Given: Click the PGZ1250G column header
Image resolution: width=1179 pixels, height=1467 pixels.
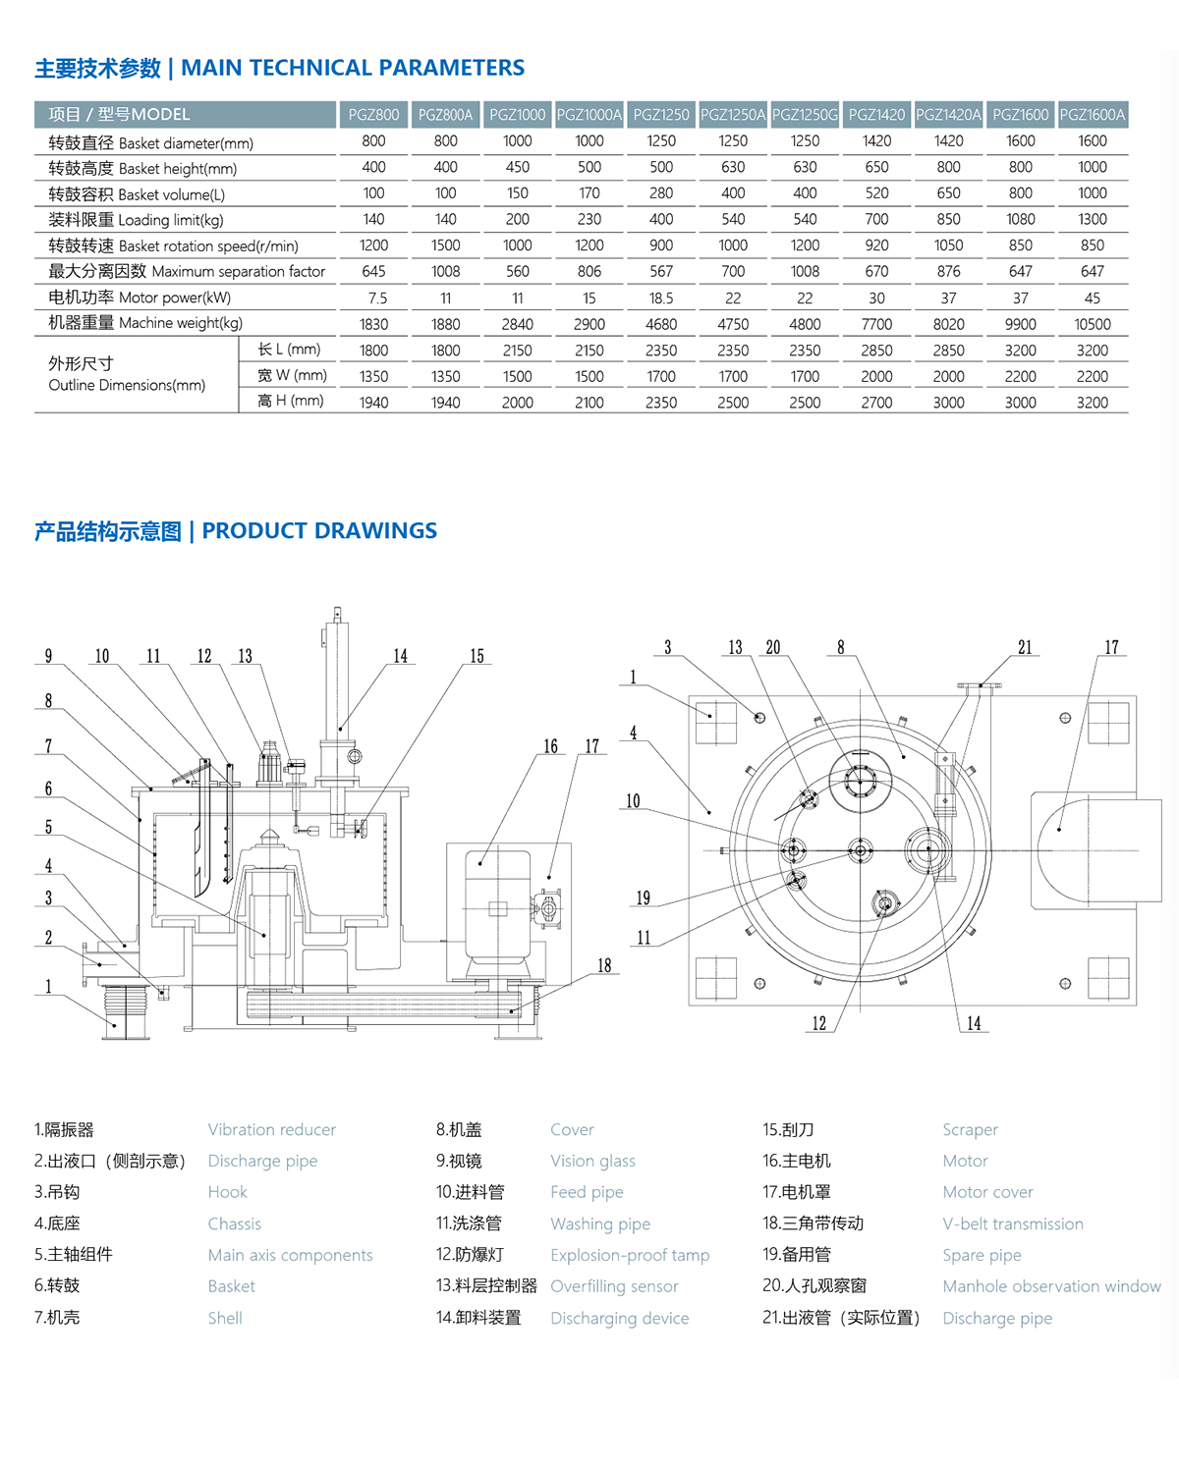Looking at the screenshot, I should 805,115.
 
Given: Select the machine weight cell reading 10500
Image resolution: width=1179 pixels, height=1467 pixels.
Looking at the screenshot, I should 1092,324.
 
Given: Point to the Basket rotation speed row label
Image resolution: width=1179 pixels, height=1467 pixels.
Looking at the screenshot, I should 173,245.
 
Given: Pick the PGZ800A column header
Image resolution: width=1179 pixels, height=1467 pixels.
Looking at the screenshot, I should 445,115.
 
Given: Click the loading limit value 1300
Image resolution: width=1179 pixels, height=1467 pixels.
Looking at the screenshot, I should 1092,220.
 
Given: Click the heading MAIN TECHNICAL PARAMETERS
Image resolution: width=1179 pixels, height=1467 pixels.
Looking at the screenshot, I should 352,68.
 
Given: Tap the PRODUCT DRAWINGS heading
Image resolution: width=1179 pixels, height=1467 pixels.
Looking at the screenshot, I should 319,531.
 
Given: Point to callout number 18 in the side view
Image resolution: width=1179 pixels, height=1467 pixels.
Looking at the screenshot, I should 604,966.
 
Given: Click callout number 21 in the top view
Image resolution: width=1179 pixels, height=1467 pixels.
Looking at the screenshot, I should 1025,648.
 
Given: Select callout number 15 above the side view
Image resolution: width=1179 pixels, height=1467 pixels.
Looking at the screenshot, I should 477,657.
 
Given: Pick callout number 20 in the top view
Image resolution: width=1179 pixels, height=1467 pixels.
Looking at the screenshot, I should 773,648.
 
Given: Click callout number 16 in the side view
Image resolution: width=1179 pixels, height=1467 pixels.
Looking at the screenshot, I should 550,747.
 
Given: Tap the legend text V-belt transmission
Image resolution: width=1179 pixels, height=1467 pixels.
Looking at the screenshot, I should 1012,1223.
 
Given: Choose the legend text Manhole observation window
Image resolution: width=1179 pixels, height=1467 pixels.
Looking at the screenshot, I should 1051,1286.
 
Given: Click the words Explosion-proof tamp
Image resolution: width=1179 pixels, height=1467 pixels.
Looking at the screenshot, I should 629,1255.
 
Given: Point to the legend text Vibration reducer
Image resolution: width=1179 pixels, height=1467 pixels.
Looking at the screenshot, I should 271,1130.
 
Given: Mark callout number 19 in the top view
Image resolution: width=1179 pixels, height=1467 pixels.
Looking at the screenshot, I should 643,898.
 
